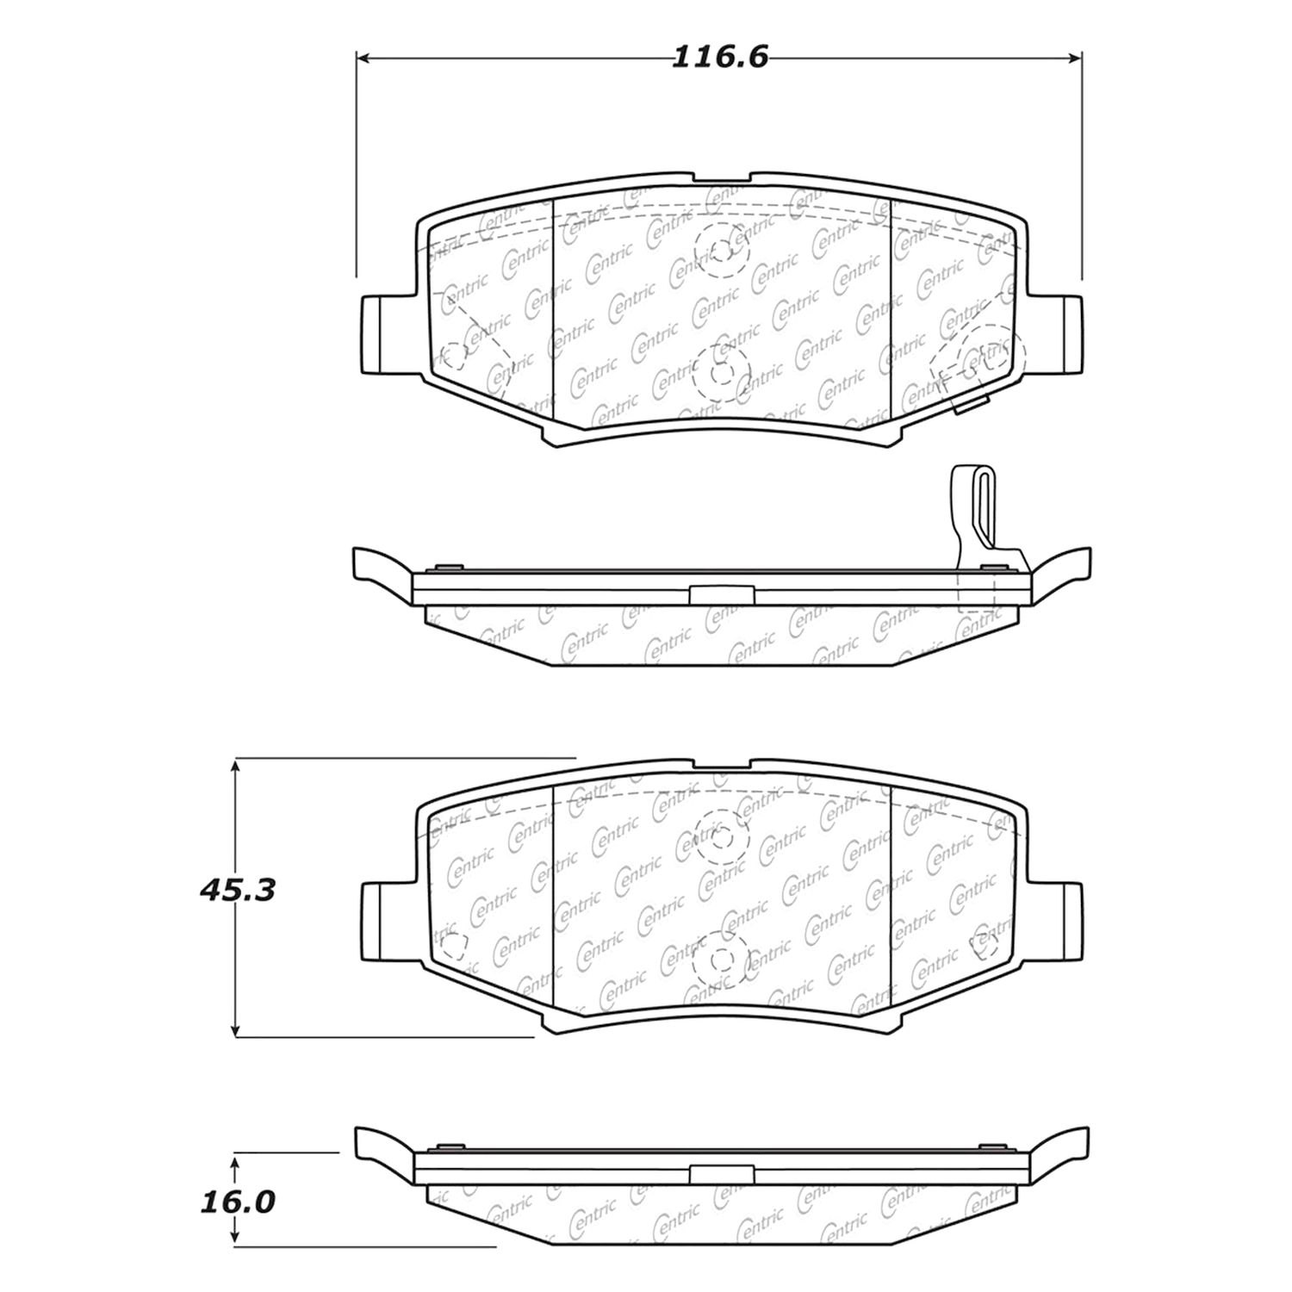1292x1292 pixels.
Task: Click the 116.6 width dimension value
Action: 719,58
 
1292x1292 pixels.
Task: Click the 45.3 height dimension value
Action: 237,890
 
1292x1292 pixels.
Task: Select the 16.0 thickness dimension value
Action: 237,1202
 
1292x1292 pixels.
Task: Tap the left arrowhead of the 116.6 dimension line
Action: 363,58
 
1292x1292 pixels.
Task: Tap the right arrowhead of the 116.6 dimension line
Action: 1075,58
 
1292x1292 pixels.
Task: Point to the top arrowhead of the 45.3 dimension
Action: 235,764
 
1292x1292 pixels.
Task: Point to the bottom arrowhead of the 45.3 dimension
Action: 235,1030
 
